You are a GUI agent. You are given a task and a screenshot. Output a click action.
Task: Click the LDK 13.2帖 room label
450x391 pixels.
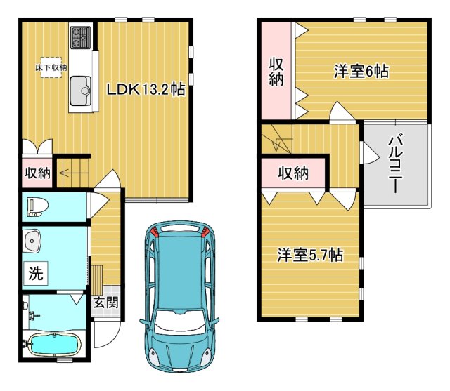(146, 89)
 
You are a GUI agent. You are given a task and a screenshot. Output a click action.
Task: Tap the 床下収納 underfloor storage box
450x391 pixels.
(51, 67)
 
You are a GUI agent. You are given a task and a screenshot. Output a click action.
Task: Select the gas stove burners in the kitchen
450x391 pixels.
(81, 37)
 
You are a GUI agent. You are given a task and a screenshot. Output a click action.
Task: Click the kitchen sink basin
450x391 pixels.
(81, 91)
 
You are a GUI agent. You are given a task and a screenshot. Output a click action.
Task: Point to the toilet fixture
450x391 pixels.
(37, 207)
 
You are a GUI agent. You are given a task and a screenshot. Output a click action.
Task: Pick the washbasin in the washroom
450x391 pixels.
(32, 241)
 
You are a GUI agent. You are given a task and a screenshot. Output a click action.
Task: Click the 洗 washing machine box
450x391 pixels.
(36, 273)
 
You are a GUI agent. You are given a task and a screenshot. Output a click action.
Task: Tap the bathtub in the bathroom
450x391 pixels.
(55, 345)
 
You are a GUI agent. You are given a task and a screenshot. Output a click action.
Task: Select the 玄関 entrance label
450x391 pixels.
(106, 303)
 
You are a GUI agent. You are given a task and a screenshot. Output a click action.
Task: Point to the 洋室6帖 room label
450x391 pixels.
(361, 71)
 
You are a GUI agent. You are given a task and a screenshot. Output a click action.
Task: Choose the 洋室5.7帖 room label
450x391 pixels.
(310, 254)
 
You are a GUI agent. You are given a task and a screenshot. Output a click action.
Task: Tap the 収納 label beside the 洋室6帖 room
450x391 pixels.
(276, 72)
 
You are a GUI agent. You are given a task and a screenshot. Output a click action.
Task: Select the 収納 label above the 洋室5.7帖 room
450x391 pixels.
(293, 173)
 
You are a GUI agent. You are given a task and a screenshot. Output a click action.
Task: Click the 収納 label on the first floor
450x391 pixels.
(37, 173)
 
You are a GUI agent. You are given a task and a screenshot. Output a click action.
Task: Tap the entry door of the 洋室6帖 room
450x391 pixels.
(342, 112)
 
